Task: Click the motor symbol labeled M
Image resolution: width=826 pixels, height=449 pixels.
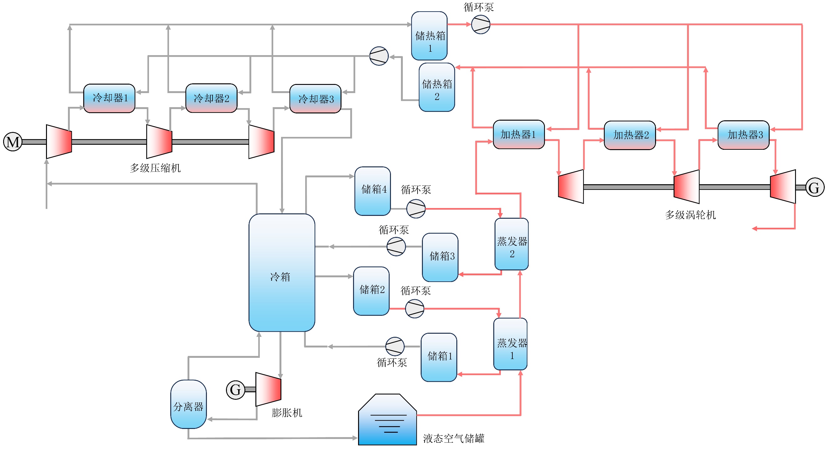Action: [13, 142]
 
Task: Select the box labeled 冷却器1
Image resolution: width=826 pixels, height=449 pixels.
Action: [109, 98]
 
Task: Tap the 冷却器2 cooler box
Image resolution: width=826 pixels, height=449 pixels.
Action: [211, 98]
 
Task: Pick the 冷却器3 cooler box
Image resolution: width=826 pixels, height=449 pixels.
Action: [315, 99]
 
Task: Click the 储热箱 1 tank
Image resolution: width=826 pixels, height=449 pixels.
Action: [429, 36]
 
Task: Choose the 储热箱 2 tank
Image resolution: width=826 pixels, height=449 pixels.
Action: [437, 87]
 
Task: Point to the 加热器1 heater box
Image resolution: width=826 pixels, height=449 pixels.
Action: [519, 134]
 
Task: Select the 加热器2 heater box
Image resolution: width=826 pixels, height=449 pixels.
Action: [630, 135]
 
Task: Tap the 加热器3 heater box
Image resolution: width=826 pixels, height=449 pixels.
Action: [743, 135]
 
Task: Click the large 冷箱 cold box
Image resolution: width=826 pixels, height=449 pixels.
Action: [281, 273]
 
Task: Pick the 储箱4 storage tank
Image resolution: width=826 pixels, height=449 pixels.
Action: [372, 191]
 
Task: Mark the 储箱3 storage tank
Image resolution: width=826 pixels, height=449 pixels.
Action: [440, 257]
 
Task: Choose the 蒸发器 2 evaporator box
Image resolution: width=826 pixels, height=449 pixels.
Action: [511, 244]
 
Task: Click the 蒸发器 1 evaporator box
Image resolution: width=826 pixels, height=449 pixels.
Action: [510, 344]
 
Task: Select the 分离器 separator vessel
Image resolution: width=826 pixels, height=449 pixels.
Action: [188, 405]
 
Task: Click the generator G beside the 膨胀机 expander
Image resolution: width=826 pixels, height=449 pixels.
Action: [235, 390]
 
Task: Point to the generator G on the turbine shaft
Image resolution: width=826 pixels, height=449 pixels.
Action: [814, 187]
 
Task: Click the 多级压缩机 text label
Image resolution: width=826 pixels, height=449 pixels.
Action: [155, 168]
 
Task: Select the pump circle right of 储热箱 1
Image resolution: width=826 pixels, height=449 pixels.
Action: [481, 24]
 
